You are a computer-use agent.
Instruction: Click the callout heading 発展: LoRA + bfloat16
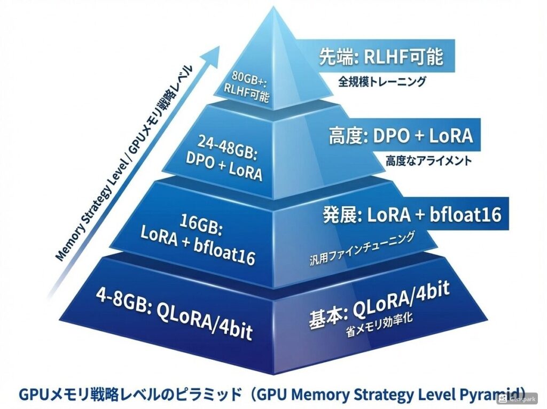tap(412, 215)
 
